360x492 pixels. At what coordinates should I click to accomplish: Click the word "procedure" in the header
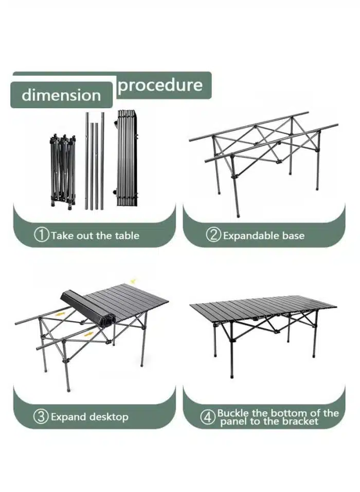(160, 85)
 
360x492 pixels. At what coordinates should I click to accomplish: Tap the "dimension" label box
(61, 95)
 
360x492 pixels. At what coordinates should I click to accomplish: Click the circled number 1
(42, 236)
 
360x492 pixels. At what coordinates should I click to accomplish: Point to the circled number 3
(41, 417)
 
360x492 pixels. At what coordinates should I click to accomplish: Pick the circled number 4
(208, 417)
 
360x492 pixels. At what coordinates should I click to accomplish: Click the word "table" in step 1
(127, 236)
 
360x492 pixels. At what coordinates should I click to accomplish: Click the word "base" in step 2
(293, 236)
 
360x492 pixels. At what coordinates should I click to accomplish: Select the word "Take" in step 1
(62, 236)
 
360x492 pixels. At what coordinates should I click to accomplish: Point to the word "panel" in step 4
(234, 421)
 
